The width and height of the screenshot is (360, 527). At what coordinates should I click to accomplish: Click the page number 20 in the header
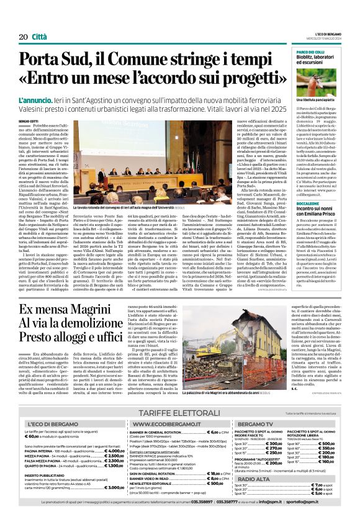22,37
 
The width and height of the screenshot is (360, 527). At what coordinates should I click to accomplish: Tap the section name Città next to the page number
39,37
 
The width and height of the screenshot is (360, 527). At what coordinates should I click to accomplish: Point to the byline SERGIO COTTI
28,120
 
